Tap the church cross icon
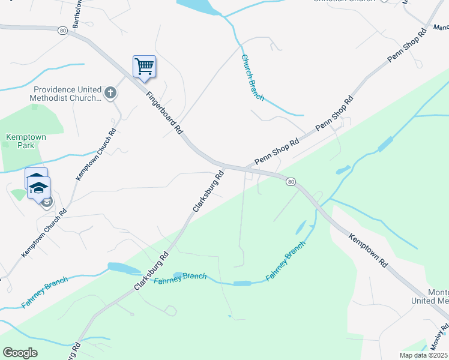[110, 92]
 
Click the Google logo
[20, 353]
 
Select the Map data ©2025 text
[423, 355]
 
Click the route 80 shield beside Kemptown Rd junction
[291, 181]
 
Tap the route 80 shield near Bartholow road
[62, 29]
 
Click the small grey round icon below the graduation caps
[47, 202]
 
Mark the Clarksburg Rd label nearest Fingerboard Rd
[208, 191]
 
